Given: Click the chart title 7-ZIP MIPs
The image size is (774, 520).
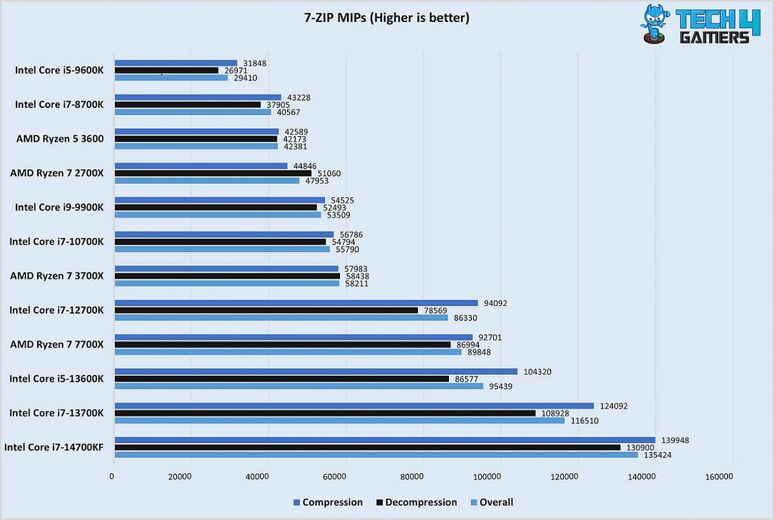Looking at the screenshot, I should [386, 17].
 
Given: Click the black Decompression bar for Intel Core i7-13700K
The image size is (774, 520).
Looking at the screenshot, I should [324, 413].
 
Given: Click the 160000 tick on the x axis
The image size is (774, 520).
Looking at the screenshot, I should [718, 477].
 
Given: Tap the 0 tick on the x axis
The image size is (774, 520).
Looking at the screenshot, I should [112, 477].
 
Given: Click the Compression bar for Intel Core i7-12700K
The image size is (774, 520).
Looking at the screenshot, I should [296, 303].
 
